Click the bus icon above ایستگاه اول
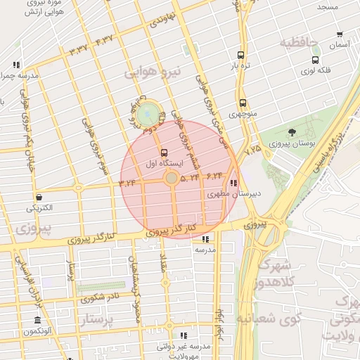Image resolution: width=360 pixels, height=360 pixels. pyautogui.click(x=165, y=152)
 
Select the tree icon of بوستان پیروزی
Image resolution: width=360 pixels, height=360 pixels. pyautogui.click(x=292, y=131)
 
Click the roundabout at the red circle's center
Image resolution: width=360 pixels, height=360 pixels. pyautogui.click(x=172, y=179)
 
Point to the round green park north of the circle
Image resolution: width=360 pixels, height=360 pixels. pyautogui.click(x=148, y=112)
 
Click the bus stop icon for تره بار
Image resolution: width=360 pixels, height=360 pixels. pyautogui.click(x=241, y=55)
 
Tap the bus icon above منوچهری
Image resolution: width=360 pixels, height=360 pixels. pyautogui.click(x=243, y=103)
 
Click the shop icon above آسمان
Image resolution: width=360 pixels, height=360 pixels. pyautogui.click(x=340, y=34)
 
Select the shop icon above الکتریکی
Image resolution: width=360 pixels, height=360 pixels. pyautogui.click(x=39, y=197)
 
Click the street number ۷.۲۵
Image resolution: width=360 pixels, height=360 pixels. pyautogui.click(x=252, y=148)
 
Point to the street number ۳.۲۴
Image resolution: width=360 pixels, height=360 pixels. pyautogui.click(x=127, y=182)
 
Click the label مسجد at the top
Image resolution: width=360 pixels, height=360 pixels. pyautogui.click(x=327, y=6)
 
